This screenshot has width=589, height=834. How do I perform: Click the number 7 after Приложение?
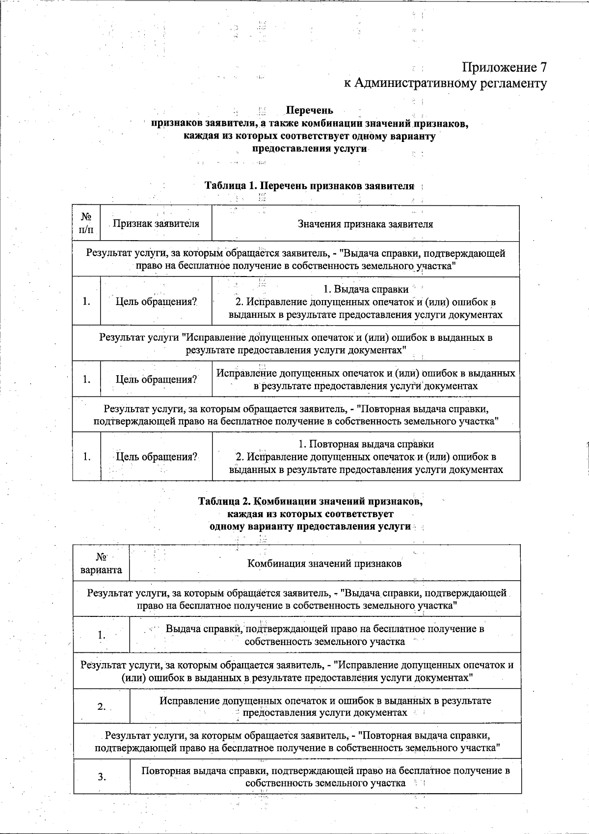click(x=542, y=67)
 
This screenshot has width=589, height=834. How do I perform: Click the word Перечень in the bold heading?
click(x=309, y=111)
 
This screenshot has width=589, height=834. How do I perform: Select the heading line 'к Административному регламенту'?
click(x=445, y=83)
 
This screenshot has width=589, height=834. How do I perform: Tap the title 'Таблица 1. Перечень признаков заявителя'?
click(x=309, y=186)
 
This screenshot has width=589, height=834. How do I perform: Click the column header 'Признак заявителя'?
click(x=156, y=224)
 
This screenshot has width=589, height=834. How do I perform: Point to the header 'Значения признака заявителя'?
click(x=365, y=224)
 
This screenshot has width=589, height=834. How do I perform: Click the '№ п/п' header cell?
click(x=86, y=223)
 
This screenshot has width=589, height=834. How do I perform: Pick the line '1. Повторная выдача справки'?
click(x=366, y=445)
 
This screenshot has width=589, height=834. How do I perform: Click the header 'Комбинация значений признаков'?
click(x=324, y=563)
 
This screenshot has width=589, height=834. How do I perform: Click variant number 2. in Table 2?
click(x=102, y=707)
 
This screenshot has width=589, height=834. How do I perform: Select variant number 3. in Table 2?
click(x=102, y=777)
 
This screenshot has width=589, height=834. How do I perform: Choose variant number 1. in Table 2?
click(x=101, y=635)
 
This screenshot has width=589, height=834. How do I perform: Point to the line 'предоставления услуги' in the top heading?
click(x=309, y=148)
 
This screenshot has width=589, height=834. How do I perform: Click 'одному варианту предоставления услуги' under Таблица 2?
click(x=310, y=526)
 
